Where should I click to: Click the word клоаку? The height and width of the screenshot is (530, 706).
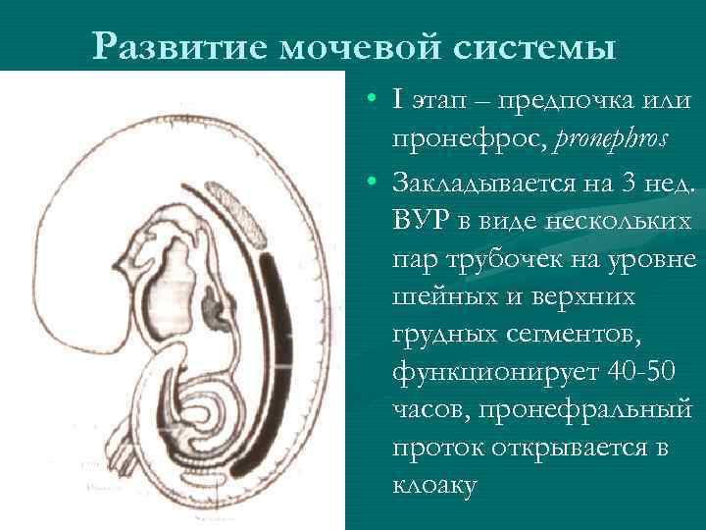(435, 486)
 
